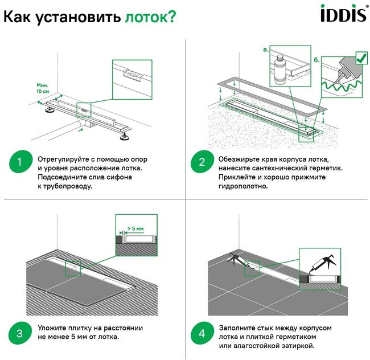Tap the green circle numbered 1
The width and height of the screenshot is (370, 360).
(20, 163)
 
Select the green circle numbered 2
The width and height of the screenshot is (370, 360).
(201, 163)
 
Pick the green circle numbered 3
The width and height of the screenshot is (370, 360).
(20, 333)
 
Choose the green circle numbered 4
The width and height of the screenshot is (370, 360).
(201, 333)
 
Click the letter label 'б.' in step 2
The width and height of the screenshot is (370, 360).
(316, 59)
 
